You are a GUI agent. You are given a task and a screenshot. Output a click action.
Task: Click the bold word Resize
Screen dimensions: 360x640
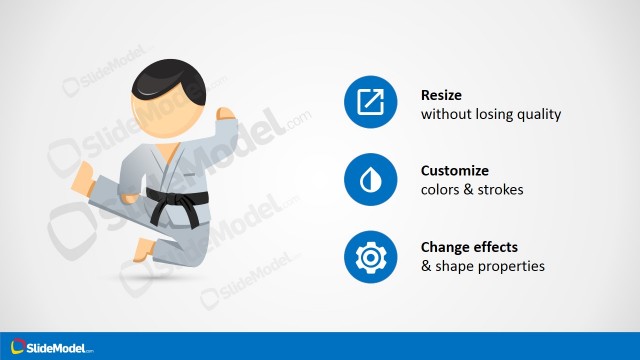441,96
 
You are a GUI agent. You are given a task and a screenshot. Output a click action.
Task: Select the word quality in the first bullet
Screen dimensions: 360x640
539,115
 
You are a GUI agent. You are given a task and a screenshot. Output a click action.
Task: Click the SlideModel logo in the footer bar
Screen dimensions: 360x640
49,346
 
